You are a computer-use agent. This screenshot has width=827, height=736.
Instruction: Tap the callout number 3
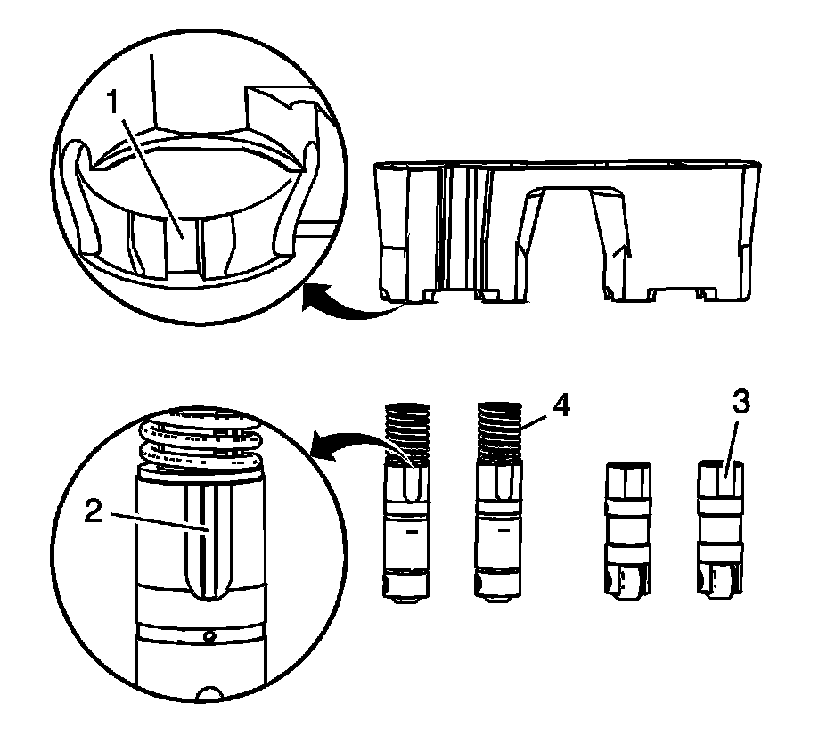click(x=740, y=404)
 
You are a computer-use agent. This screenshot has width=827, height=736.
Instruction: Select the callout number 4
click(x=561, y=405)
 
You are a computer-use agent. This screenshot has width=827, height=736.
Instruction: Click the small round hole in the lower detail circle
click(x=208, y=636)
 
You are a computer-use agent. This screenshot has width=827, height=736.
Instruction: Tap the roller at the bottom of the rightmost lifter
click(x=719, y=585)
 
